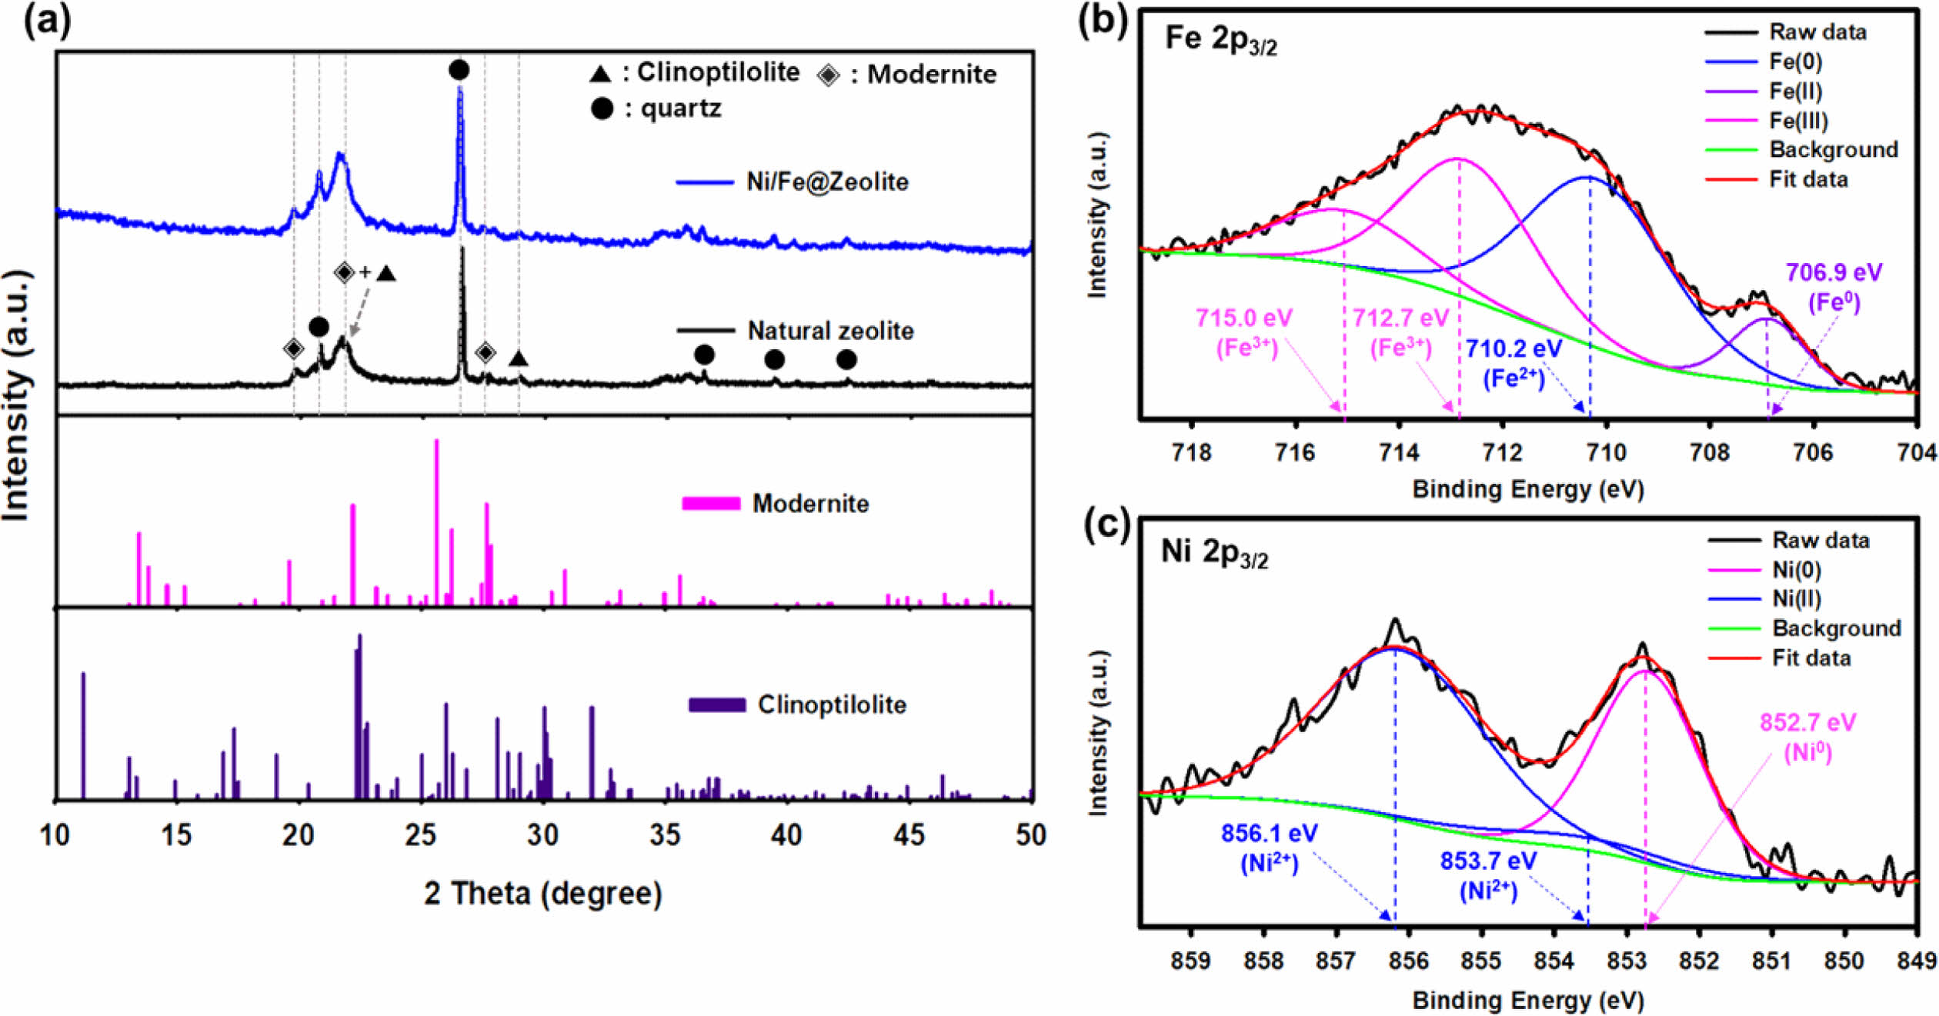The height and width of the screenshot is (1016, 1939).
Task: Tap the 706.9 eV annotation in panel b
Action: tap(1834, 272)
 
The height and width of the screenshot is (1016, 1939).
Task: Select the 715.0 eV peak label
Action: tap(1244, 318)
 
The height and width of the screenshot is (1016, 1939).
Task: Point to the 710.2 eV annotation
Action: tap(1513, 349)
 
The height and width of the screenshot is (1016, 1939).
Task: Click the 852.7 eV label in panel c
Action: tap(1807, 722)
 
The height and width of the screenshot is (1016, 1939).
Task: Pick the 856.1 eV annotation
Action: tap(1269, 833)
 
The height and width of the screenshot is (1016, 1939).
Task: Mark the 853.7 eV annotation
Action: tap(1488, 861)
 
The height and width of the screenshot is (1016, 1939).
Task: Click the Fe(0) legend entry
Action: tap(1796, 62)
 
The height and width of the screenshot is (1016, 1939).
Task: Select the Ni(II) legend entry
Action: tap(1797, 598)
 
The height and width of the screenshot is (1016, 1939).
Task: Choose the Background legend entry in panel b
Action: tap(1834, 149)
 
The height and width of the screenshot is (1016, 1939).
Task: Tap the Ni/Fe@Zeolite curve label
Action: tap(827, 182)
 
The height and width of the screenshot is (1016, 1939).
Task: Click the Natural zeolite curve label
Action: tap(830, 331)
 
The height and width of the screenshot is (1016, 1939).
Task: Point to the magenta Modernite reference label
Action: tap(810, 504)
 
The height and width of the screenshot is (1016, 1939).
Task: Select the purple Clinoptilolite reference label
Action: tap(832, 705)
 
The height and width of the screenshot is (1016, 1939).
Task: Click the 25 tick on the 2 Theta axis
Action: tap(421, 835)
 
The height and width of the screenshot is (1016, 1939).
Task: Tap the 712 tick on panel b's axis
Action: tap(1503, 453)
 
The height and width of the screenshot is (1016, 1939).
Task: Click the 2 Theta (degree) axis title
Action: tap(542, 894)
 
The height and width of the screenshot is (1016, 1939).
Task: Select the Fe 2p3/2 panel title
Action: tap(1221, 38)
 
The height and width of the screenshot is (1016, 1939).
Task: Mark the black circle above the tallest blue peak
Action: tap(459, 70)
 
